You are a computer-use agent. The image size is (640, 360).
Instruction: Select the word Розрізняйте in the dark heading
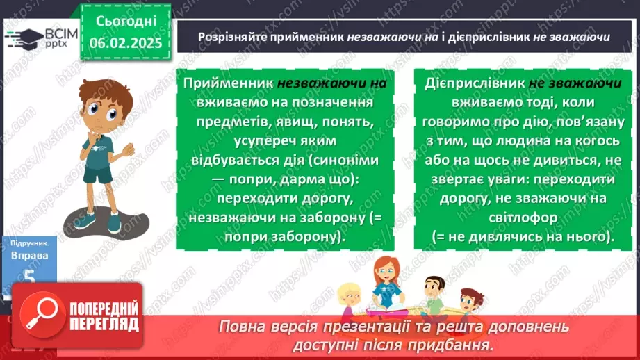pyautogui.click(x=229, y=38)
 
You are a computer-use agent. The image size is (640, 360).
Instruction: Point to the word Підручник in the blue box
pyautogui.click(x=28, y=244)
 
